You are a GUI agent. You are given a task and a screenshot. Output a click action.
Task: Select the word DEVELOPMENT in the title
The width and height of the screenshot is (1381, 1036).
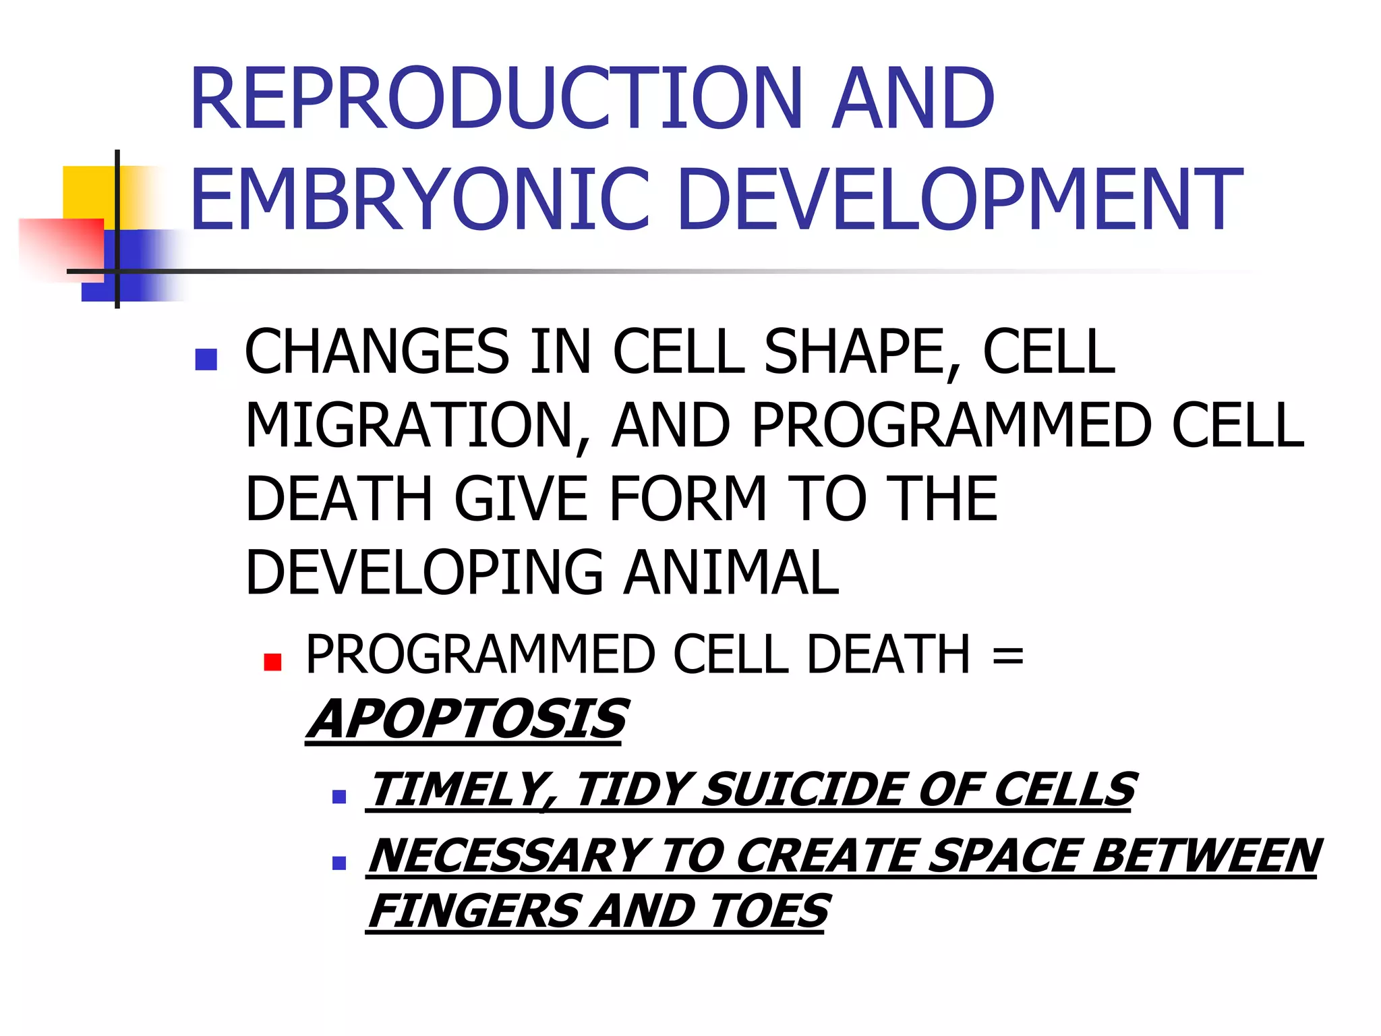point(960,200)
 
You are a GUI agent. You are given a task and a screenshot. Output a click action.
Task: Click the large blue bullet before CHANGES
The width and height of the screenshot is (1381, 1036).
point(206,359)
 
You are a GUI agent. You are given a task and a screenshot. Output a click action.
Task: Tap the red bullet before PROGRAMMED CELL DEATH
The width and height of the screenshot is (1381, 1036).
point(272,662)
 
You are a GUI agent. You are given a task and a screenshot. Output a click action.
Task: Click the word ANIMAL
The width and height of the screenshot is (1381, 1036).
point(731,573)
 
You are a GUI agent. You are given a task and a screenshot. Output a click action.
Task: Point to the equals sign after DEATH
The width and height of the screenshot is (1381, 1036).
point(1007,654)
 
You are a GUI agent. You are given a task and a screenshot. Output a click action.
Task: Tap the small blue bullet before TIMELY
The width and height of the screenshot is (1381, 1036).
point(339,797)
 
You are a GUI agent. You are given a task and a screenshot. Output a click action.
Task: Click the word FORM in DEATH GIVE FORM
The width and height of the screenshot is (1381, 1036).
point(687,499)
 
